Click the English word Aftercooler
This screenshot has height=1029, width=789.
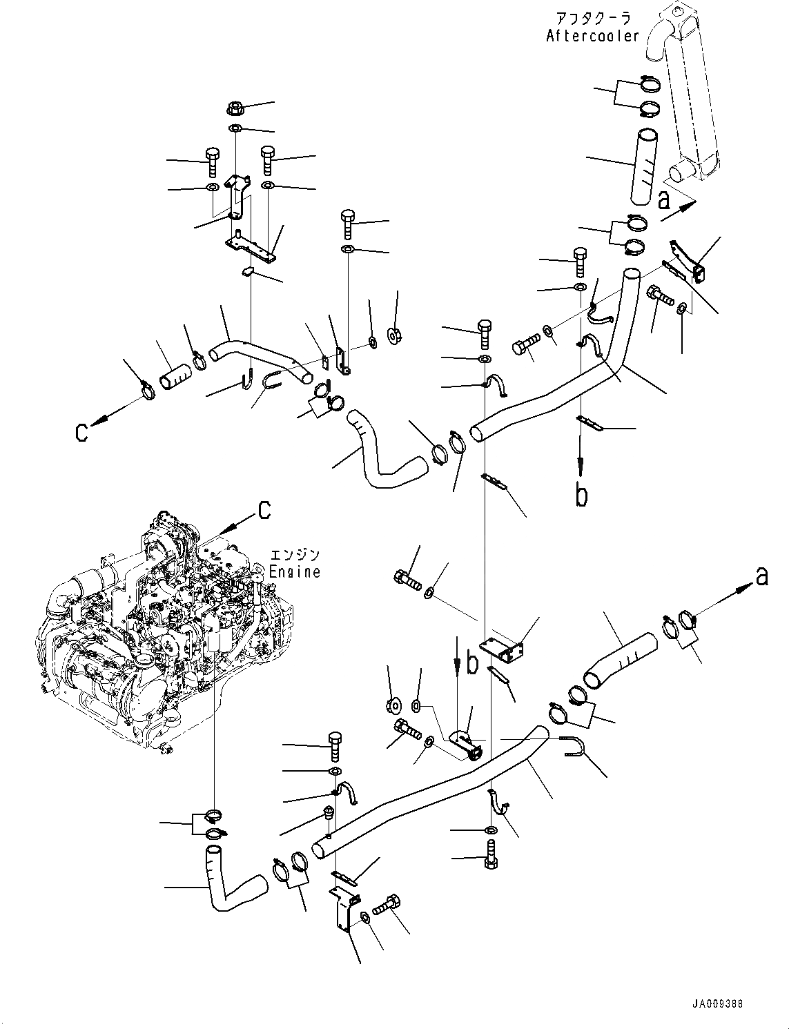click(593, 36)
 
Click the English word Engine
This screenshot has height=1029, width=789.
click(295, 571)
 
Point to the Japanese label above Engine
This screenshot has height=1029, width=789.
click(295, 556)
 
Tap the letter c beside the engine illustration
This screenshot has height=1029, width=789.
click(264, 509)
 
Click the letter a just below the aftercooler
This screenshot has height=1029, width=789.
click(663, 201)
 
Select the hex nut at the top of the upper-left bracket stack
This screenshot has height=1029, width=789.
click(234, 108)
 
